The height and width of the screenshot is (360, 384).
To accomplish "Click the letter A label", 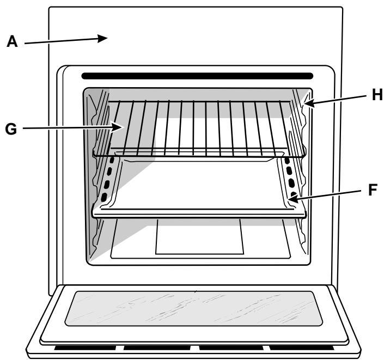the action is click(12, 42).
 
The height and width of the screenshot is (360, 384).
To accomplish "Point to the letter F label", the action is click(373, 191).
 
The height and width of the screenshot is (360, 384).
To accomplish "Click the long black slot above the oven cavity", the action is click(197, 76).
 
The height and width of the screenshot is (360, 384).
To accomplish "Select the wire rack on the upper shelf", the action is click(196, 125).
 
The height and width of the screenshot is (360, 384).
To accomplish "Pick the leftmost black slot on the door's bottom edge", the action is click(87, 347).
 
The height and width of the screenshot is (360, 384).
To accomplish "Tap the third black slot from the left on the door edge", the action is click(229, 347).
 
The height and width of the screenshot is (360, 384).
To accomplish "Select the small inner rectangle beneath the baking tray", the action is click(199, 236).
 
